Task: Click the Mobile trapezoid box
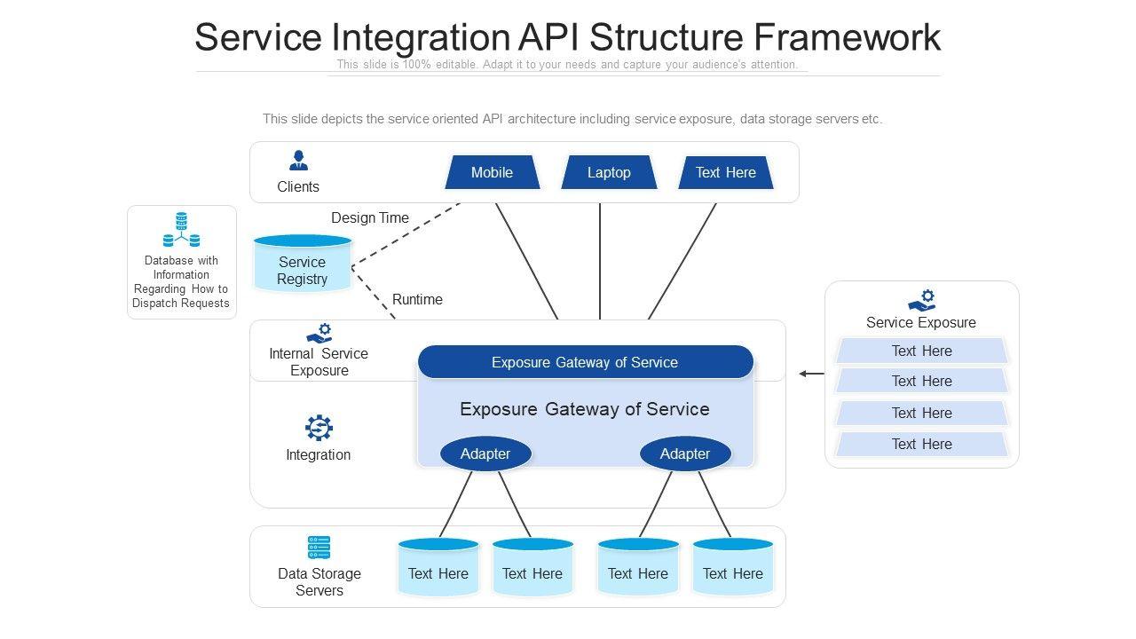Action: [x=492, y=172]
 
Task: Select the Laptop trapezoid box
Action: [x=609, y=172]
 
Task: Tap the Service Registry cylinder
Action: [x=303, y=264]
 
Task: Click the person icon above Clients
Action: [x=298, y=161]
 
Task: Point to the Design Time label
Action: [x=370, y=217]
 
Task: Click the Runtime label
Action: [x=417, y=299]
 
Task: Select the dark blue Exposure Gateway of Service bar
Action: [x=585, y=362]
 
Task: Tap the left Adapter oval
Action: [x=485, y=454]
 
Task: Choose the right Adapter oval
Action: [x=685, y=454]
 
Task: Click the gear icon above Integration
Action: [x=319, y=428]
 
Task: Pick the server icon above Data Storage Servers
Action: [x=319, y=548]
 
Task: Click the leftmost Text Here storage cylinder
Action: [x=438, y=566]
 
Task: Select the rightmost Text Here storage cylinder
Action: [x=733, y=566]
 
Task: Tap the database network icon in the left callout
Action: [x=181, y=230]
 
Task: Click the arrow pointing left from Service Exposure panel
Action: [x=811, y=374]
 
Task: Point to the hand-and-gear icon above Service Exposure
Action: [x=921, y=300]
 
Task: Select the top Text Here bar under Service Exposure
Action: [x=921, y=351]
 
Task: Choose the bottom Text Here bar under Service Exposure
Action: [x=921, y=444]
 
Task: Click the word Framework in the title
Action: [x=847, y=37]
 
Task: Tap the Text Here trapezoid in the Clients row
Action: [x=726, y=172]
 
